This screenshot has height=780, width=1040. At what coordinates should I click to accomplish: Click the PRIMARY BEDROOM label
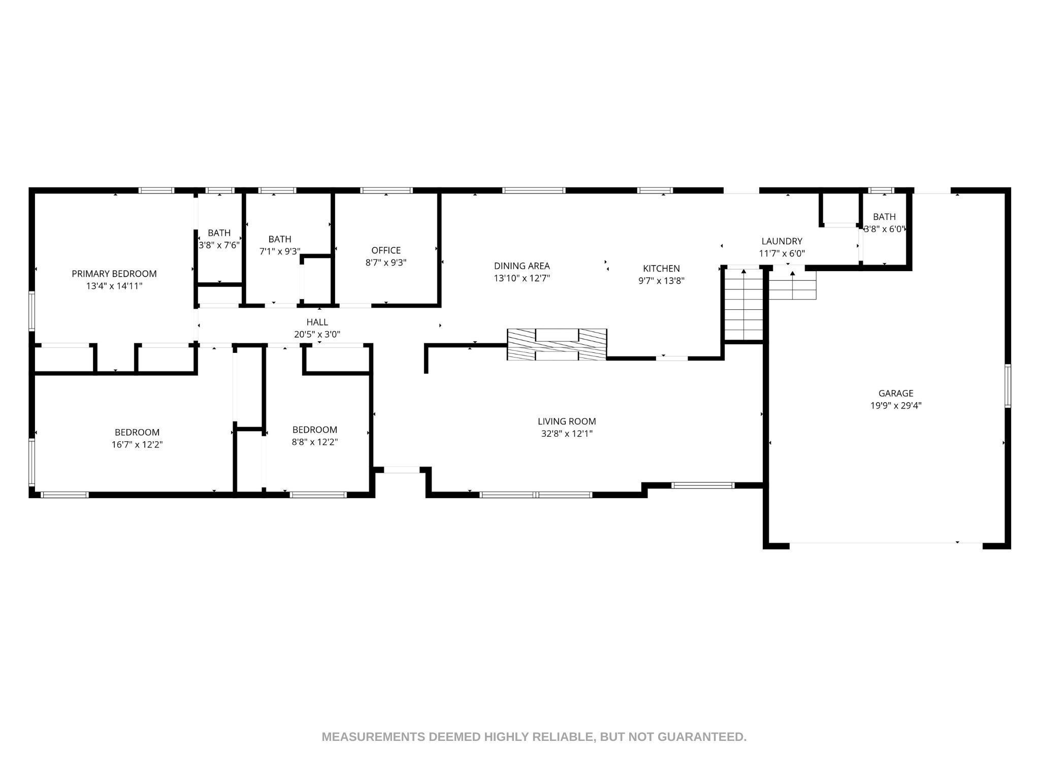(x=114, y=274)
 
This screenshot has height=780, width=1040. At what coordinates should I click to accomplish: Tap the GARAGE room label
(x=896, y=393)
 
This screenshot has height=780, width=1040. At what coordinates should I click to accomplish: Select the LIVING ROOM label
(x=567, y=421)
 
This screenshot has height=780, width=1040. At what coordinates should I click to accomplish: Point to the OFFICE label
(x=386, y=250)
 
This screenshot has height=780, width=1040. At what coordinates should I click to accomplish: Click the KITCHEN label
(x=661, y=269)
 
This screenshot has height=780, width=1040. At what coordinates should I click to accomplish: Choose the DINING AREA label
(x=522, y=266)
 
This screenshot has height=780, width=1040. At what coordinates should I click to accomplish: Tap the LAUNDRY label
(x=782, y=241)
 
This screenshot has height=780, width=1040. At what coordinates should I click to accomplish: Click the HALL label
(x=317, y=322)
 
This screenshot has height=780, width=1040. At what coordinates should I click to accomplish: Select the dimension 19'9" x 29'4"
(x=896, y=406)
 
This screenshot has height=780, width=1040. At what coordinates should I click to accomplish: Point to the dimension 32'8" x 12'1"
(x=567, y=434)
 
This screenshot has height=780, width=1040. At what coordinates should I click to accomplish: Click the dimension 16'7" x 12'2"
(x=137, y=445)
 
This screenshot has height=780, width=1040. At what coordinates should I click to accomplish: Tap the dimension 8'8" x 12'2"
(x=315, y=442)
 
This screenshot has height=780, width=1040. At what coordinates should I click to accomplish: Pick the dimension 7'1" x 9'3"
(x=280, y=251)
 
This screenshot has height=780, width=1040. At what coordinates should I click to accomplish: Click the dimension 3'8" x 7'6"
(x=219, y=245)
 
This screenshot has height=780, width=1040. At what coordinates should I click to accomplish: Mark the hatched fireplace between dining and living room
(x=557, y=345)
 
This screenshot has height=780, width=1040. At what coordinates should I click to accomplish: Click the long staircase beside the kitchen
(x=743, y=304)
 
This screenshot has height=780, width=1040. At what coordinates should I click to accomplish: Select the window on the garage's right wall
(x=1008, y=385)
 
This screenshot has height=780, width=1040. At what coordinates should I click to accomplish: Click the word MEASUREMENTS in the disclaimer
(x=374, y=737)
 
